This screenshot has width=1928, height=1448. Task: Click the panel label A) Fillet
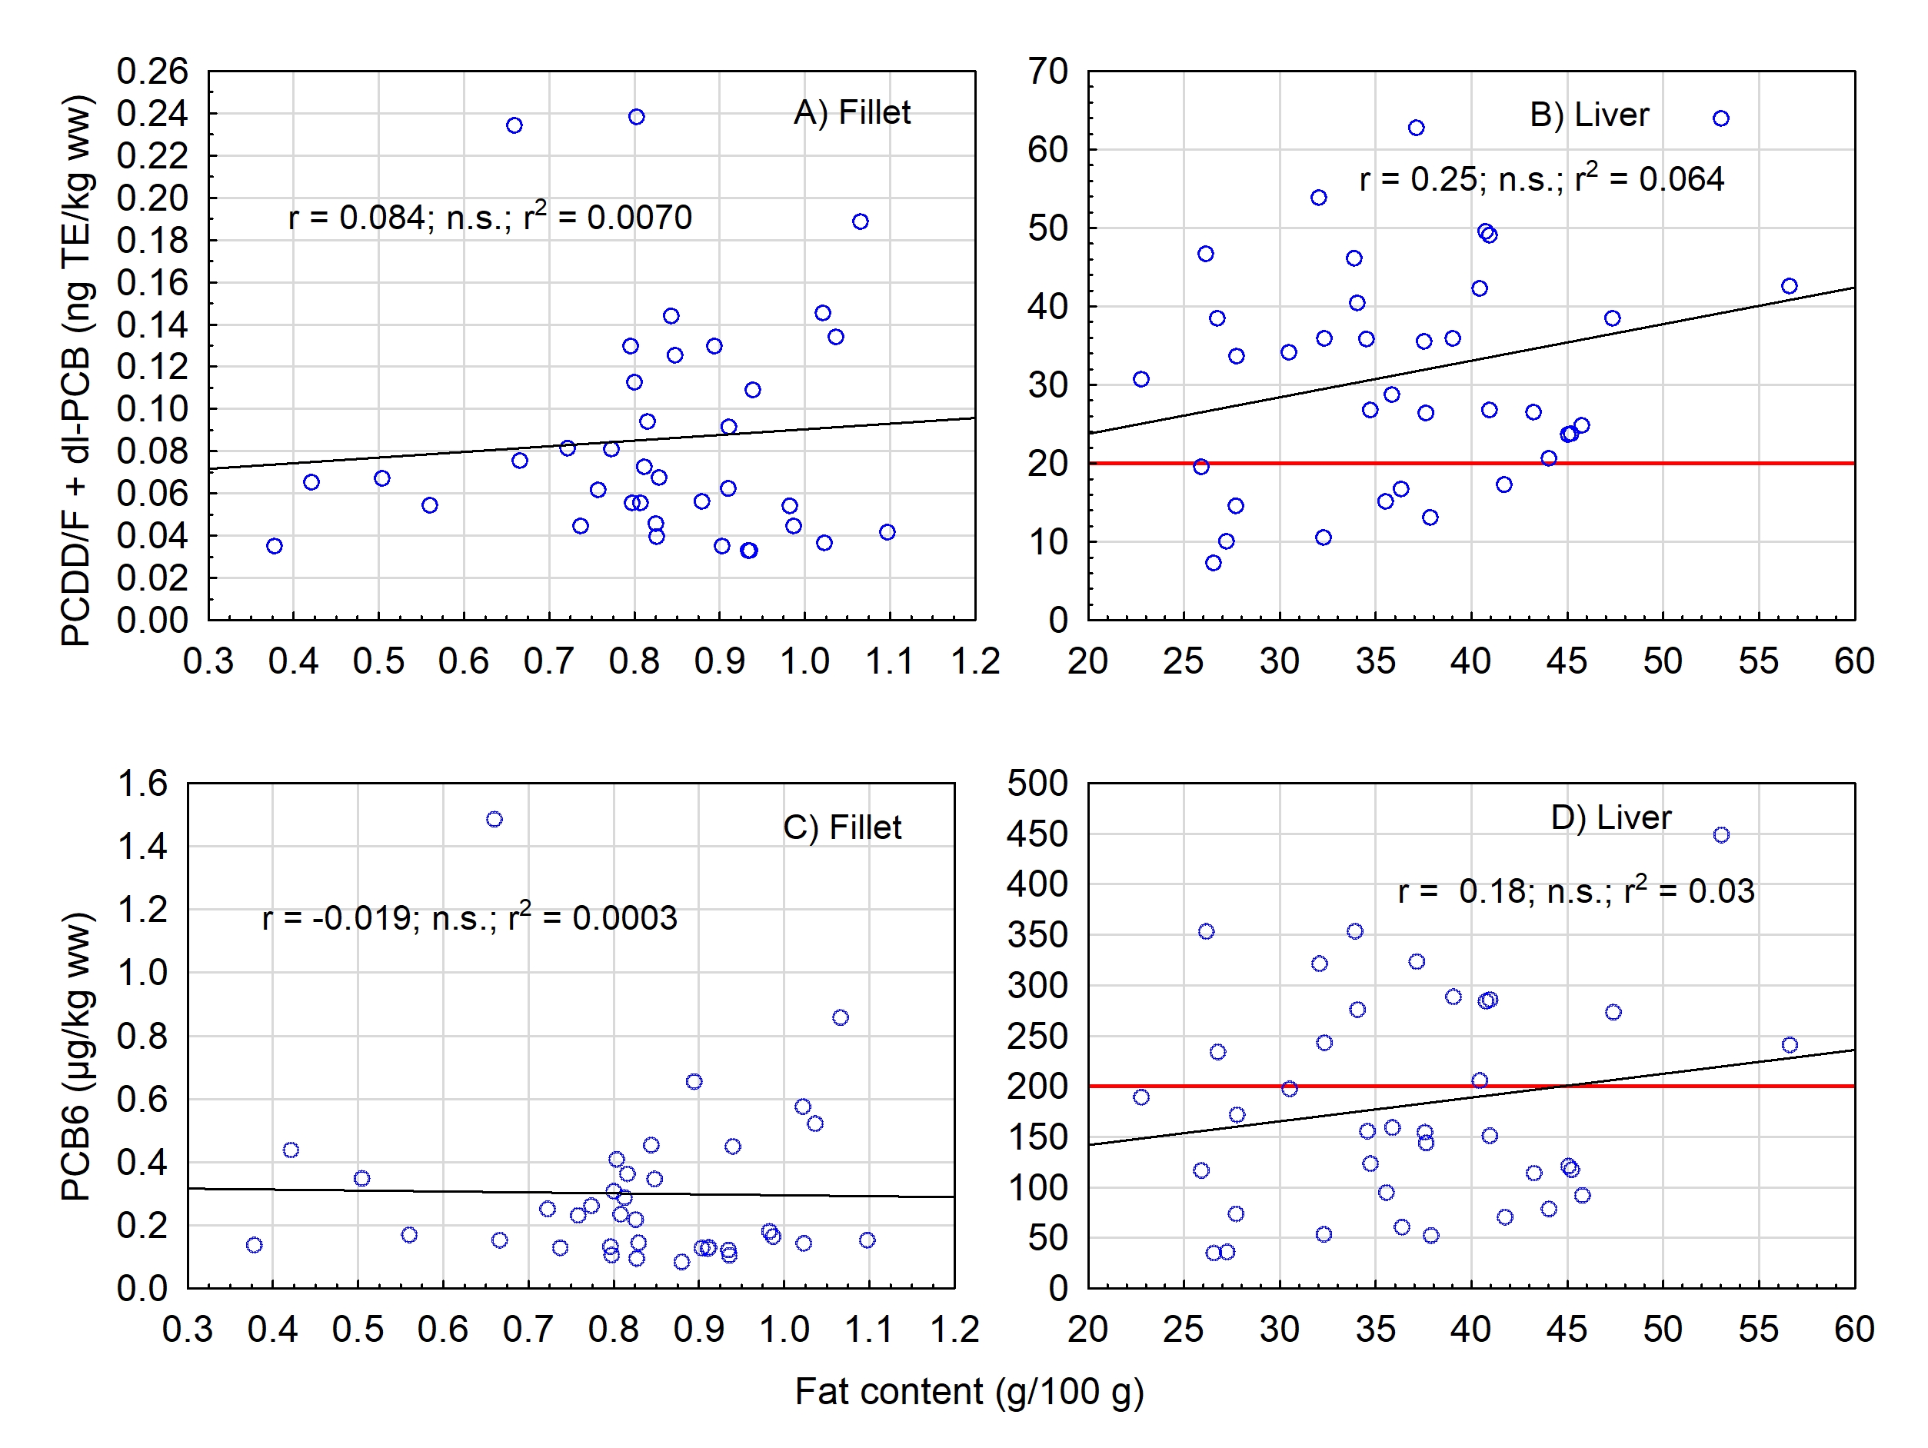[851, 113]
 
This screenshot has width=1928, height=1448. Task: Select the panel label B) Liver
[1589, 116]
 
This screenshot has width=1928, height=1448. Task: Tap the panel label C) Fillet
[842, 827]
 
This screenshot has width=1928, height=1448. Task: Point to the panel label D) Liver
[1610, 817]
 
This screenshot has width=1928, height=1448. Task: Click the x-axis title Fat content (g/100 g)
[969, 1391]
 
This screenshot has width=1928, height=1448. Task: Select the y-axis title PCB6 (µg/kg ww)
[77, 1057]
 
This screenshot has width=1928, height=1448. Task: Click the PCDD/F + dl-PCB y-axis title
[77, 370]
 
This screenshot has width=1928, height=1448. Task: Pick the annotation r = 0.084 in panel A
[490, 217]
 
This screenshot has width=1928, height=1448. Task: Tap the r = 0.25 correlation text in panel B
[1541, 178]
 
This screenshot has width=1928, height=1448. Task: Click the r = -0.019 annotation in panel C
[469, 918]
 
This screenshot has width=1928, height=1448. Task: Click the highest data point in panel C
[494, 820]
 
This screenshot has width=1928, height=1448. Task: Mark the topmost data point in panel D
[1721, 835]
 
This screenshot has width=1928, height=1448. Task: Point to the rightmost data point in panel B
[1790, 286]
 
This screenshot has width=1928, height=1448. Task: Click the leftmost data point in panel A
[275, 546]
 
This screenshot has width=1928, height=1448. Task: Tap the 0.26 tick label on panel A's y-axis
[152, 72]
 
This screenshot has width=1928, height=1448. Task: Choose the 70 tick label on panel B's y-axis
[1047, 72]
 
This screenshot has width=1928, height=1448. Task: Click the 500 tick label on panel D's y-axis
[1037, 783]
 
